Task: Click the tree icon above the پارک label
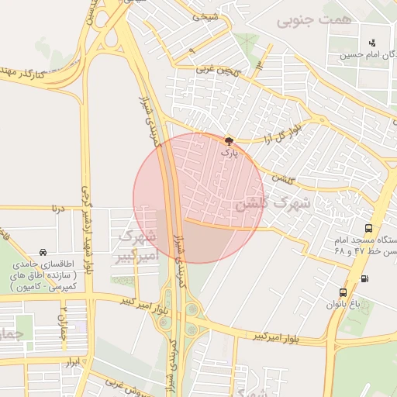(228, 141)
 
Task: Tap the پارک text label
(228, 154)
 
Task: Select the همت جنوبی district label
(312, 20)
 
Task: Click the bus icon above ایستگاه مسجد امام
(368, 229)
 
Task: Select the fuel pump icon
(364, 278)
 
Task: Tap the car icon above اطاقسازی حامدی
(42, 251)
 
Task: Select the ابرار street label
(72, 361)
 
